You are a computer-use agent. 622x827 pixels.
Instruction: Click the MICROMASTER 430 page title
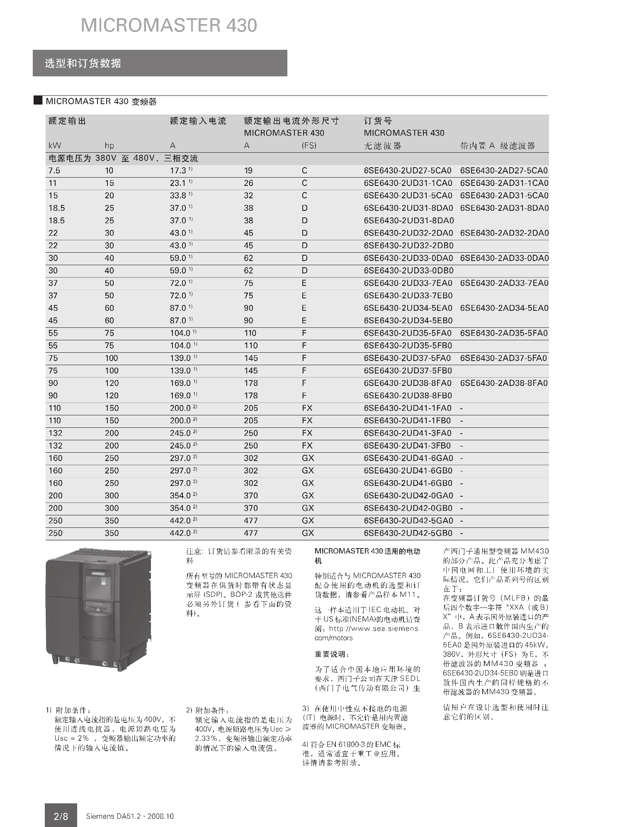point(169,26)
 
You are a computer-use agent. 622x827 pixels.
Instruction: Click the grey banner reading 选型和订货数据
point(160,63)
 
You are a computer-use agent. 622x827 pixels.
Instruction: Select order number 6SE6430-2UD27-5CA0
point(408,171)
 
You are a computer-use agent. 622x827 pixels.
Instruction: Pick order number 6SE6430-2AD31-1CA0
point(504,183)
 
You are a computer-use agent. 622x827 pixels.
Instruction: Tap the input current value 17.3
point(178,171)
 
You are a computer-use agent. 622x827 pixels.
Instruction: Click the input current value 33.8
point(178,195)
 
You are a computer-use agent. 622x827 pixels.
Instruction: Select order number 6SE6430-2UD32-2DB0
point(408,246)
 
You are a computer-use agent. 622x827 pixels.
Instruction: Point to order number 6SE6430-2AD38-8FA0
point(503,383)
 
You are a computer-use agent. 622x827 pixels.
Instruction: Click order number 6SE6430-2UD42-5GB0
point(408,533)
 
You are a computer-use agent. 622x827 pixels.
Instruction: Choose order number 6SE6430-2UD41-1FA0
point(408,408)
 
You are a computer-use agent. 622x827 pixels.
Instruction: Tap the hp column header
point(109,146)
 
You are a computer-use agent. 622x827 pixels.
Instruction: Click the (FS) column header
point(309,146)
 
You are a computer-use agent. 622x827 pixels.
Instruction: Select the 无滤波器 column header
point(382,146)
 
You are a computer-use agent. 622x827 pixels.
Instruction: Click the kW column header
point(55,146)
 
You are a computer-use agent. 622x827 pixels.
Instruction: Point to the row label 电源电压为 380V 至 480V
point(123,159)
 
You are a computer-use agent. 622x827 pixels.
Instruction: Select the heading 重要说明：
point(332,654)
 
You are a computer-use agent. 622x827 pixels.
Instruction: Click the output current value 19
point(248,171)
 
